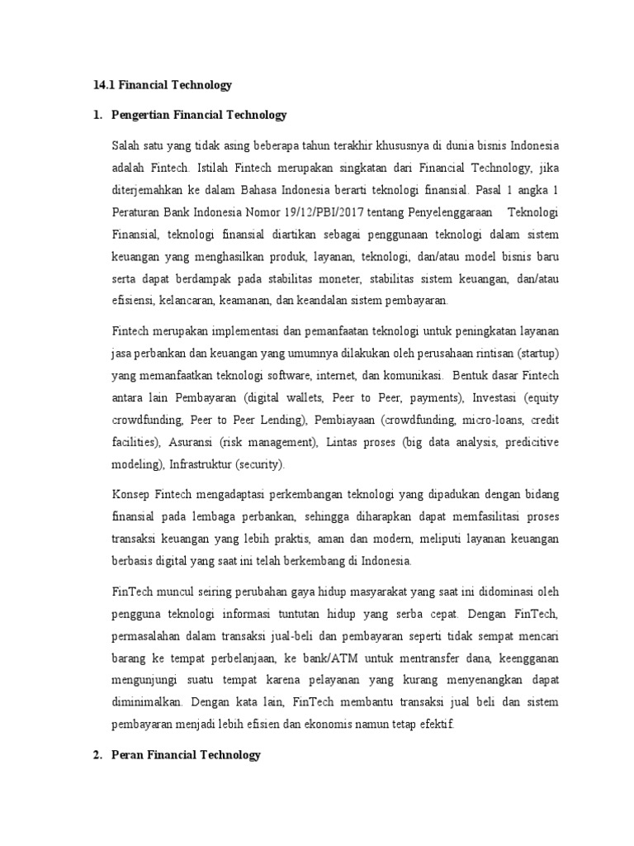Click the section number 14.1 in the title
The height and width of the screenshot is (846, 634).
pyautogui.click(x=102, y=84)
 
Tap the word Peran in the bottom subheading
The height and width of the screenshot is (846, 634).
pyautogui.click(x=125, y=754)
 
